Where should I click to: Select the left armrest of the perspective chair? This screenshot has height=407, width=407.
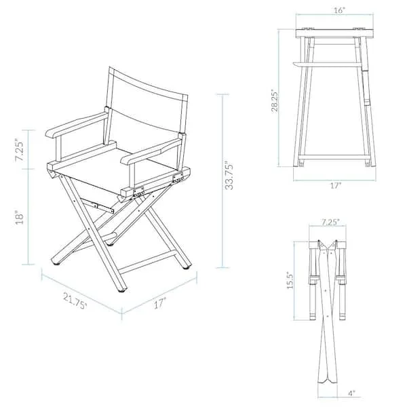click(x=75, y=126)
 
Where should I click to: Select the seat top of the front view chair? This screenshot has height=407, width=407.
click(x=334, y=33)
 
